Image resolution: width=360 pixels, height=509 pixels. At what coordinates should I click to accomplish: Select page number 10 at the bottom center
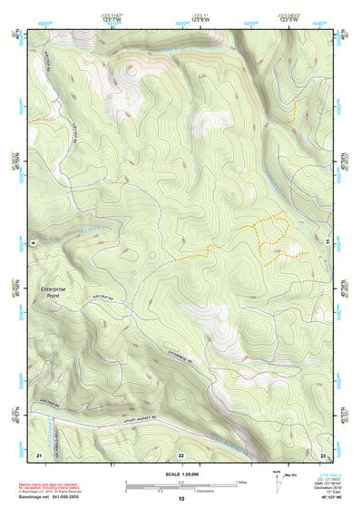click(180, 499)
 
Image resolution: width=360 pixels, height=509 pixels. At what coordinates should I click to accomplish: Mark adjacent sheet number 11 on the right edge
click(327, 241)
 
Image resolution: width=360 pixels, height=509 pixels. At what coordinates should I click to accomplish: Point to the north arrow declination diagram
click(277, 480)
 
